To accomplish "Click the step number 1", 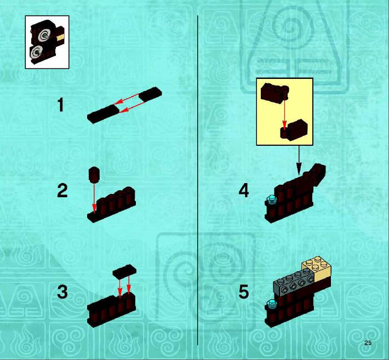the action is pyautogui.click(x=60, y=105).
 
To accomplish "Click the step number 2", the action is pyautogui.click(x=62, y=191).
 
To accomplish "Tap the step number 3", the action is pyautogui.click(x=62, y=292).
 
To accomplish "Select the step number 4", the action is pyautogui.click(x=244, y=191).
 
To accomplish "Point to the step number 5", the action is pyautogui.click(x=244, y=292).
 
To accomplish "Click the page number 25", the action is pyautogui.click(x=368, y=343).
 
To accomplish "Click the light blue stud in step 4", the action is pyautogui.click(x=271, y=199).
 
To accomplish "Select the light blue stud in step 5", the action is pyautogui.click(x=271, y=304).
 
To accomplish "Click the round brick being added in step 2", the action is pyautogui.click(x=94, y=174).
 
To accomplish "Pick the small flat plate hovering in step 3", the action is pyautogui.click(x=124, y=271).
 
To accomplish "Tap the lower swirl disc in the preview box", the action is pyautogui.click(x=37, y=52).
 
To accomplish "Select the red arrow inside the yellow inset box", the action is pyautogui.click(x=284, y=110).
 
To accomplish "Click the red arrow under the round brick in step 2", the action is pyautogui.click(x=94, y=197).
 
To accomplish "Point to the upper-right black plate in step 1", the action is pyautogui.click(x=150, y=94).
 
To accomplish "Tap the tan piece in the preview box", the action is pyautogui.click(x=60, y=38).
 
